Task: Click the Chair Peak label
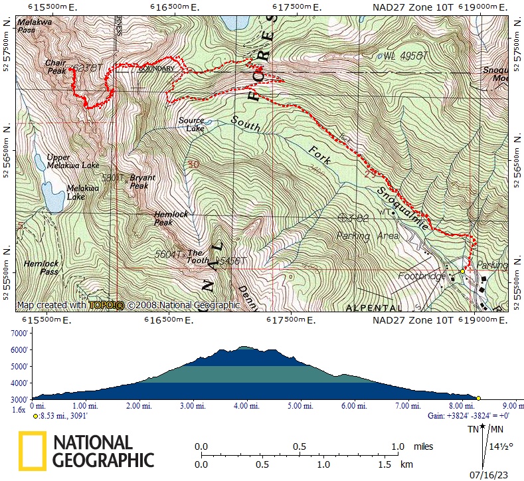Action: (x=55, y=66)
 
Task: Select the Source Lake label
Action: (x=191, y=124)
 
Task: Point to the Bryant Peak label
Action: (x=142, y=182)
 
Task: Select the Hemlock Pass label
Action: (x=41, y=267)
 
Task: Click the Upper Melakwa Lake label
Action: (x=73, y=161)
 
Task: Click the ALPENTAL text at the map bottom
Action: (x=374, y=308)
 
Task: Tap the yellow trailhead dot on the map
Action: (x=463, y=271)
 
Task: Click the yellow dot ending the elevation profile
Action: (x=478, y=398)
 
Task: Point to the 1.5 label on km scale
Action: (x=385, y=465)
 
